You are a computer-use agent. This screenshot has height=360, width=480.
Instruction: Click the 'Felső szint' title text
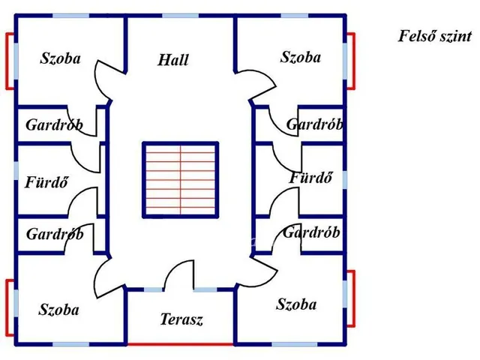tap(435, 36)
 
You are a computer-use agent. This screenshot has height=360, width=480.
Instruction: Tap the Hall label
tap(173, 60)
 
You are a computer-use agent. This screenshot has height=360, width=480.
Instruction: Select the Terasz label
tap(181, 319)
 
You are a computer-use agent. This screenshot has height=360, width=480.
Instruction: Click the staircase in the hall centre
tap(180, 180)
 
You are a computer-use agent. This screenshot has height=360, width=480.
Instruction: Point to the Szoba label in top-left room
tap(60, 58)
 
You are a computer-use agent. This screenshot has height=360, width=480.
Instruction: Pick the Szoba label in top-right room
tap(301, 57)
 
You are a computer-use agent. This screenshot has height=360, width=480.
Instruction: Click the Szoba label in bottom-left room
tap(58, 310)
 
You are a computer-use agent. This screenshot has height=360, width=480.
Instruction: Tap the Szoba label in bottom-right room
tap(296, 304)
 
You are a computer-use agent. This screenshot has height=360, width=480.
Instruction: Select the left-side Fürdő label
tap(46, 182)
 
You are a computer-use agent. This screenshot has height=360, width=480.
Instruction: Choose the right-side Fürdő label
tap(310, 178)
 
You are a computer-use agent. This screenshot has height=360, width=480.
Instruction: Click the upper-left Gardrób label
tap(54, 125)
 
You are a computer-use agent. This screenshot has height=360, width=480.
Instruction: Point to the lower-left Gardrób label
tap(55, 234)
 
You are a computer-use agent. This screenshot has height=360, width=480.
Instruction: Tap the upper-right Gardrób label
tap(314, 124)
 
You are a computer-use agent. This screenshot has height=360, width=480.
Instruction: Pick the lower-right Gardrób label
tap(311, 232)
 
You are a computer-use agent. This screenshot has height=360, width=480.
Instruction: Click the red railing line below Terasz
tap(181, 344)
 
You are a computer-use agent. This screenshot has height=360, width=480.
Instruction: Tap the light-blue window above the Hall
tap(180, 16)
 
